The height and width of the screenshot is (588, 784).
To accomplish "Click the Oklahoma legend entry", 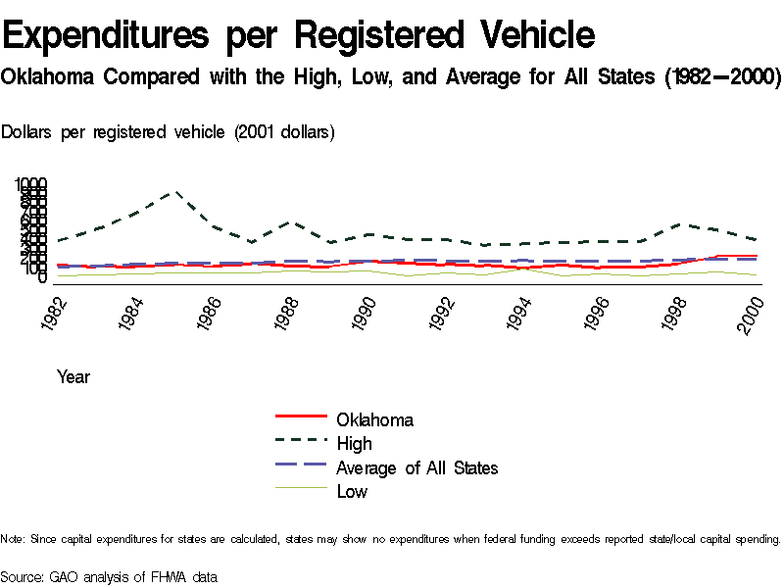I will [x=374, y=420].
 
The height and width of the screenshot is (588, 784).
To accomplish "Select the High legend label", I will [x=354, y=444].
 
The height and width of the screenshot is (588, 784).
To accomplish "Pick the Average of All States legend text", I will [x=416, y=468].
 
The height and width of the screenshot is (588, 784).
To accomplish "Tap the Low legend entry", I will [x=352, y=492].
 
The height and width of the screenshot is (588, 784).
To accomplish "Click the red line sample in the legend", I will [x=300, y=420].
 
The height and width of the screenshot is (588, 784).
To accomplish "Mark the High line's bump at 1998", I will [x=681, y=224].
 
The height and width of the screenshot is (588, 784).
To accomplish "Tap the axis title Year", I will [x=73, y=376].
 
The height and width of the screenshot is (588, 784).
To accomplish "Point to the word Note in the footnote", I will [x=12, y=539].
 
